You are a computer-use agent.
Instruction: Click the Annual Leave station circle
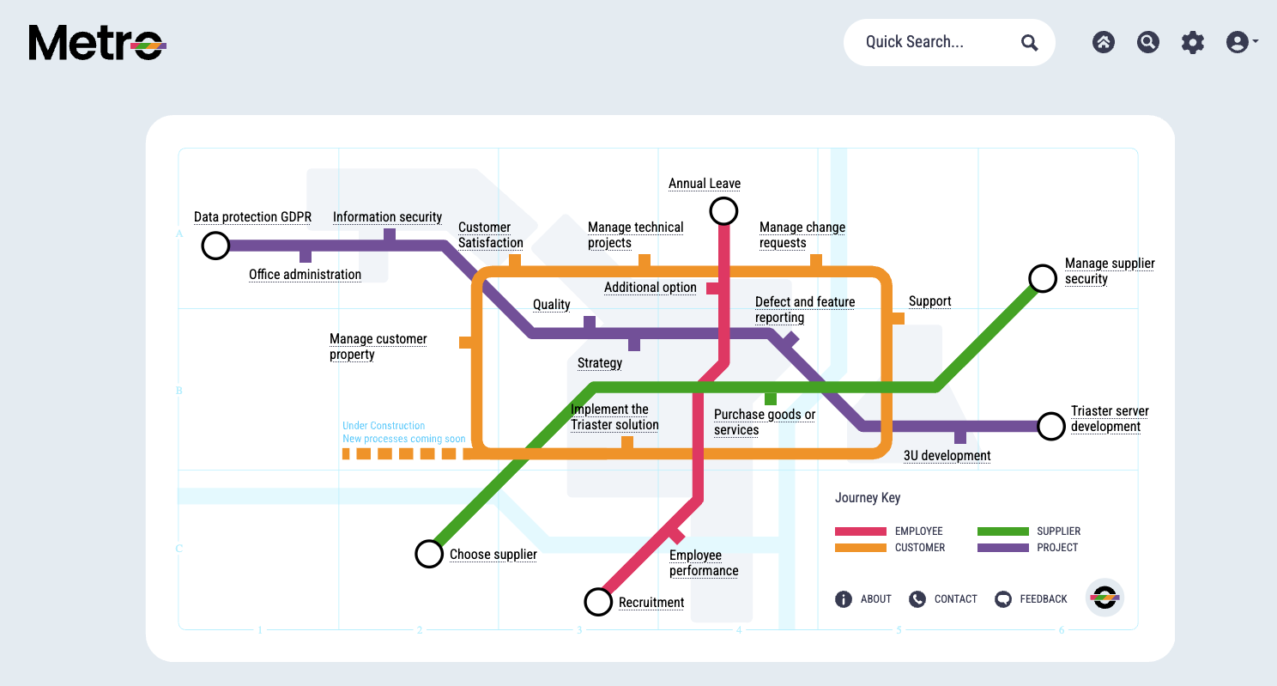(x=723, y=210)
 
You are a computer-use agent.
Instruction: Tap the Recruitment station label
(x=651, y=603)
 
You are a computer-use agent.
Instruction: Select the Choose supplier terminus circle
(x=429, y=554)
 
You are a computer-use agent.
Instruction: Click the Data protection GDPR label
(x=252, y=217)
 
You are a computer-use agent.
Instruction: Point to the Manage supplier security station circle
(x=1043, y=278)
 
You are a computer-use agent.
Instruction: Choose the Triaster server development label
(x=1110, y=419)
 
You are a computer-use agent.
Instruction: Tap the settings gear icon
(x=1193, y=42)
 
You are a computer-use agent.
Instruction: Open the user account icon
(x=1238, y=42)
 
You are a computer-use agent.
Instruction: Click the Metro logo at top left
(x=97, y=42)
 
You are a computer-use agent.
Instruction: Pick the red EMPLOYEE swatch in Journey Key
(x=861, y=531)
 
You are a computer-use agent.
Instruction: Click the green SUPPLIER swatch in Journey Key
(x=1002, y=531)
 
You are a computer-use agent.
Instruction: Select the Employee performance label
(x=704, y=563)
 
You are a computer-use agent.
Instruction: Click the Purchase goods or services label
(x=765, y=422)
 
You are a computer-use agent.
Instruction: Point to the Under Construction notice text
(x=403, y=432)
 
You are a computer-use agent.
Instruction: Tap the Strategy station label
(x=600, y=363)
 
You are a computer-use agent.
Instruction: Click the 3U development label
(x=947, y=456)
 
